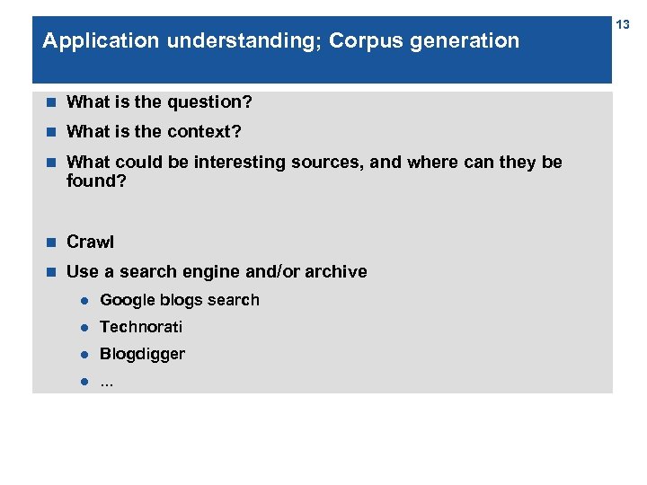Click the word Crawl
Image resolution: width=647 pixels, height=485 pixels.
[91, 242]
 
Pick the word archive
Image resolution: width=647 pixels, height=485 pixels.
[337, 272]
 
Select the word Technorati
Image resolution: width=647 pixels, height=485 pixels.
[141, 327]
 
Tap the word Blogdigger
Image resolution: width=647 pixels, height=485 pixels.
[142, 354]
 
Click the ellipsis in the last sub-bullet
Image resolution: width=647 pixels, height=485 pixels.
[107, 382]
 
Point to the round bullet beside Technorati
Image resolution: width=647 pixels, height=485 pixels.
[82, 328]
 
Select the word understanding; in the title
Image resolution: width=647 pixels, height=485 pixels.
[223, 41]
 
